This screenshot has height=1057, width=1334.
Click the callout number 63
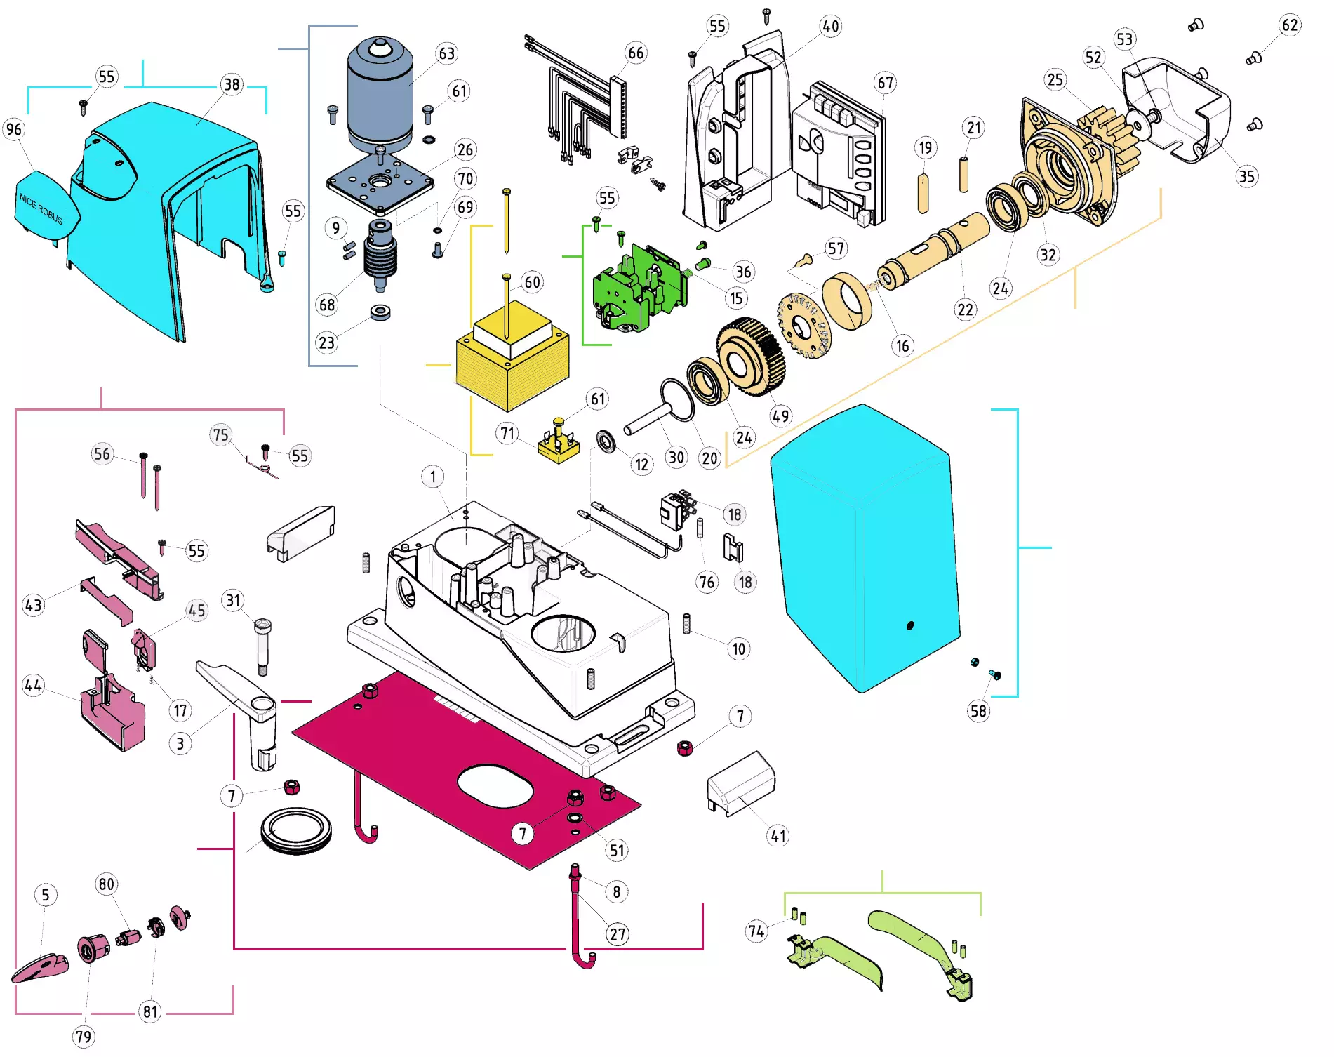[x=447, y=54]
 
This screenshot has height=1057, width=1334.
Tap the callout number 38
[x=231, y=85]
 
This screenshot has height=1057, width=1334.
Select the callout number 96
[x=14, y=129]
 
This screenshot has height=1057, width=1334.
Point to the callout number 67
[x=886, y=83]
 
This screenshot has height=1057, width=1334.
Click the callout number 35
[x=1246, y=176]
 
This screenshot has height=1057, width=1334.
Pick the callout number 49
[x=780, y=416]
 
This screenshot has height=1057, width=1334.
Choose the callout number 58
[x=978, y=711]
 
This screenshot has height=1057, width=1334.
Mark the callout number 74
[x=756, y=931]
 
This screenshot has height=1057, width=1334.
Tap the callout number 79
[x=84, y=1037]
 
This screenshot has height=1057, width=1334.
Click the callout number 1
[x=433, y=477]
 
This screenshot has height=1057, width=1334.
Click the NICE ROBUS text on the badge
[x=41, y=209]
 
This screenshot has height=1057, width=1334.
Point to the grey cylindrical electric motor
[x=380, y=95]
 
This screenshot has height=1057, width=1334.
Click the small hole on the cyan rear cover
[x=910, y=625]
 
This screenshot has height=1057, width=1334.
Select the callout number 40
[x=830, y=27]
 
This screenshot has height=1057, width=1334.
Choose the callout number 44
[x=33, y=685]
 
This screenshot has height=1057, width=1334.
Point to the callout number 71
[x=507, y=433]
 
